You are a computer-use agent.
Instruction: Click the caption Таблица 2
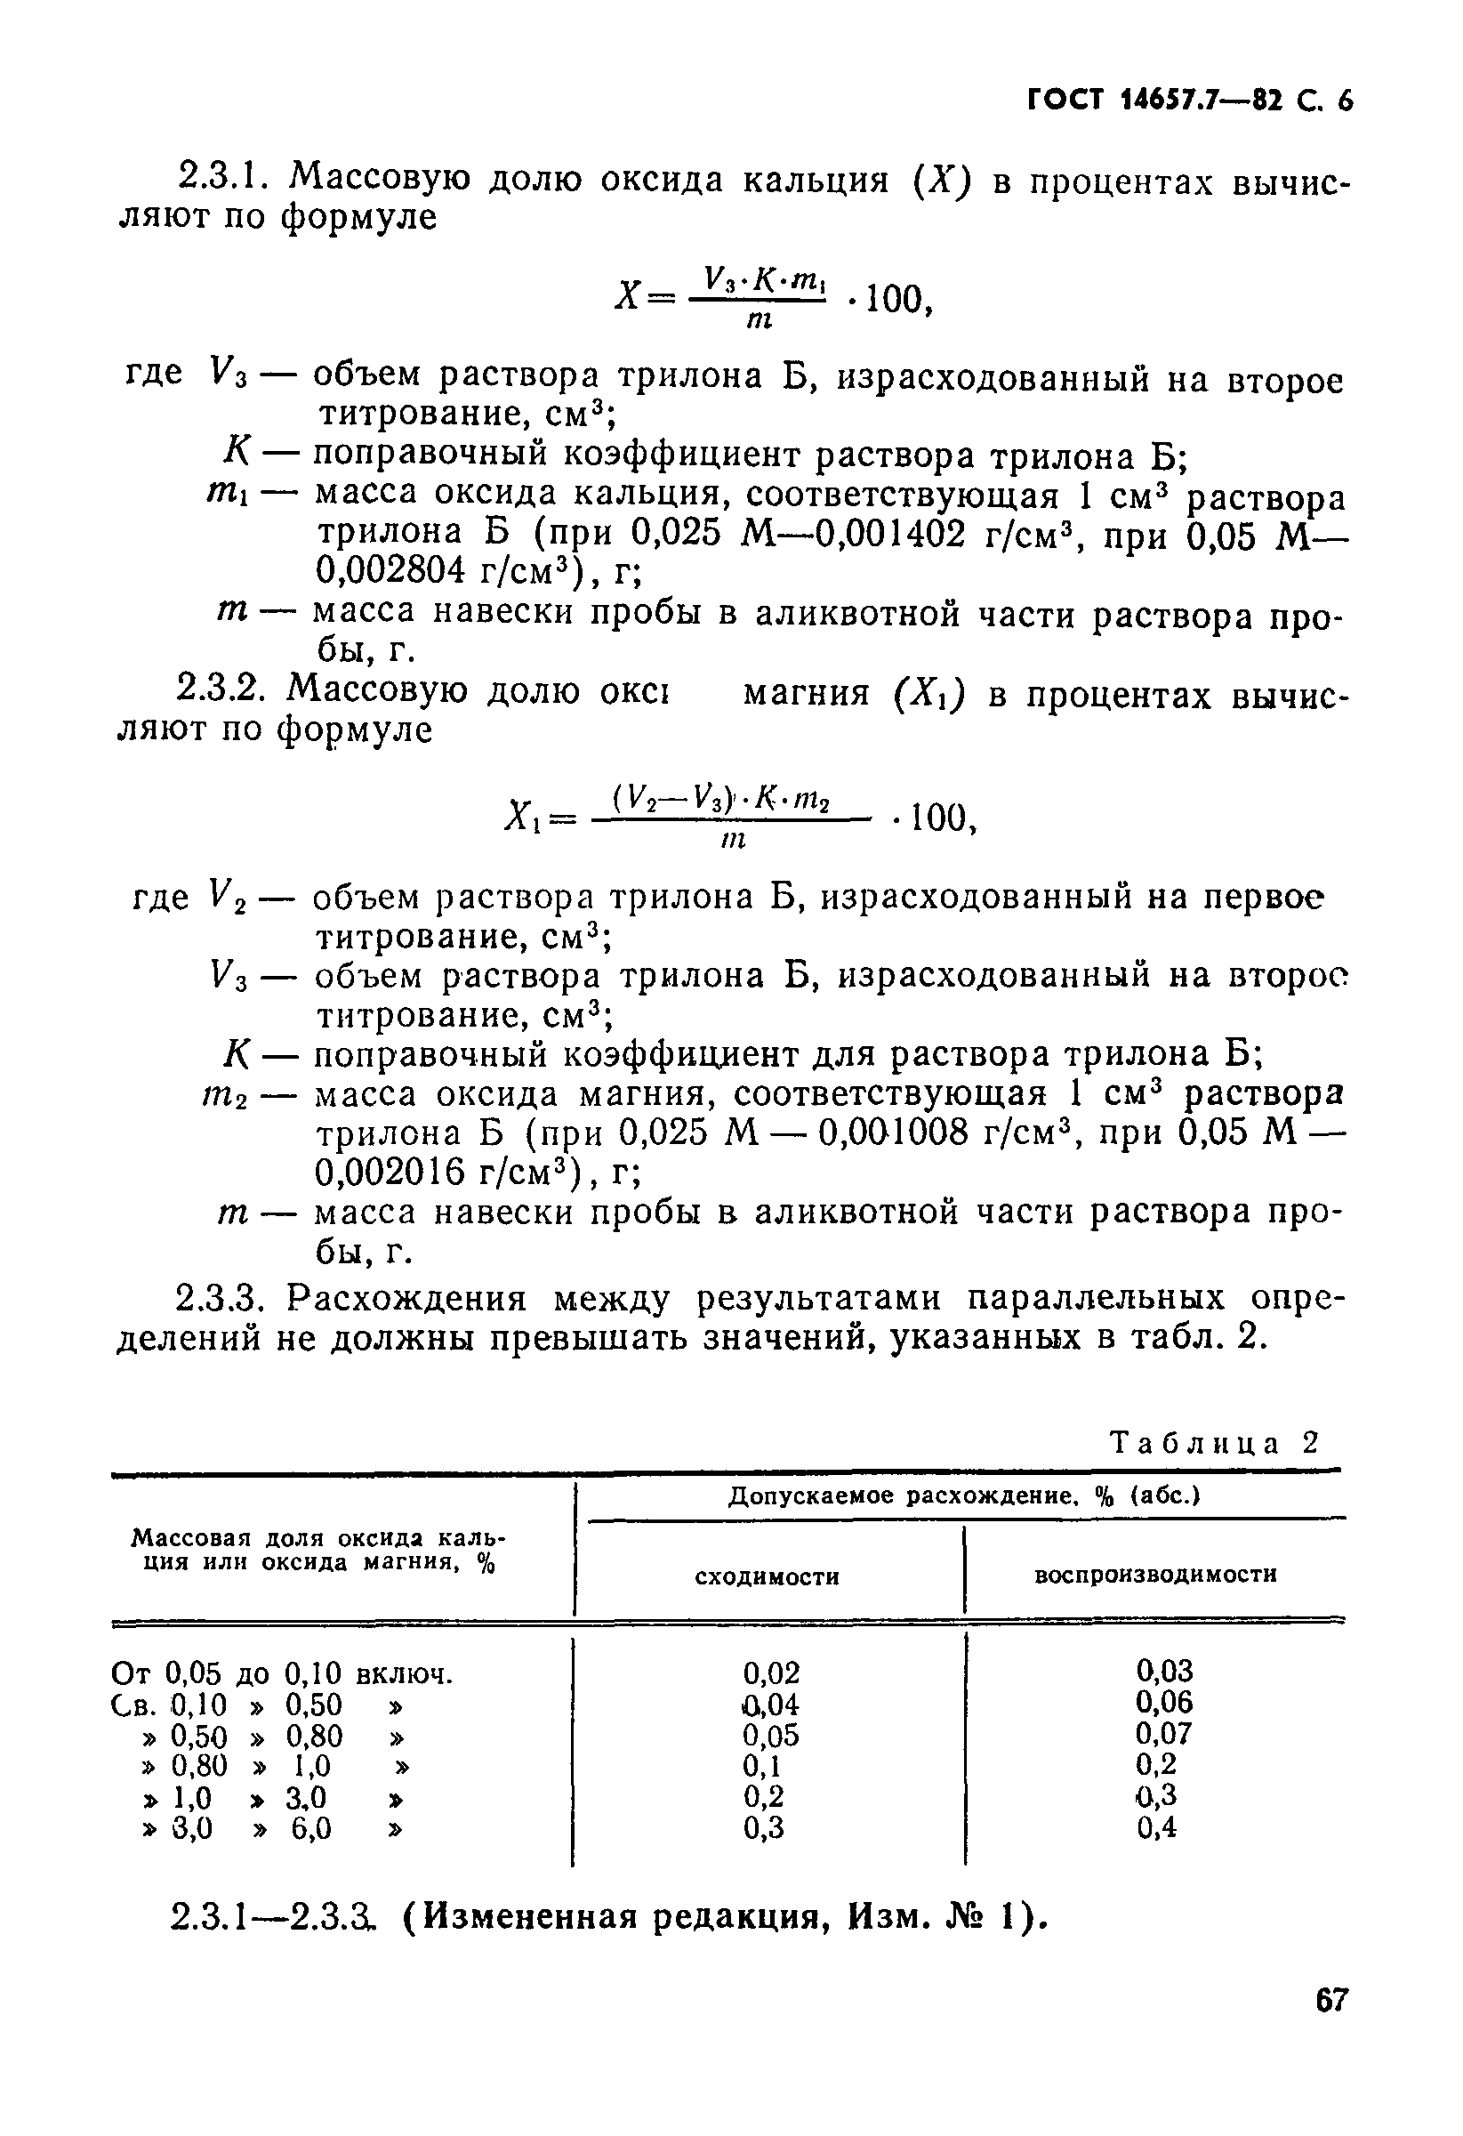pos(1214,1442)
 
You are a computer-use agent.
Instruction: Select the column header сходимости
pos(767,1577)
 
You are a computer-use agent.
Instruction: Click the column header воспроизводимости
pos(1155,1575)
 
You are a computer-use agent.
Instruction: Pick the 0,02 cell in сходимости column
pos(770,1672)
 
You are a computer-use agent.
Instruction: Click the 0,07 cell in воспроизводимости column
pos(1162,1733)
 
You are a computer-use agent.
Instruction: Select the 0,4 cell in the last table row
pos(1156,1828)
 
